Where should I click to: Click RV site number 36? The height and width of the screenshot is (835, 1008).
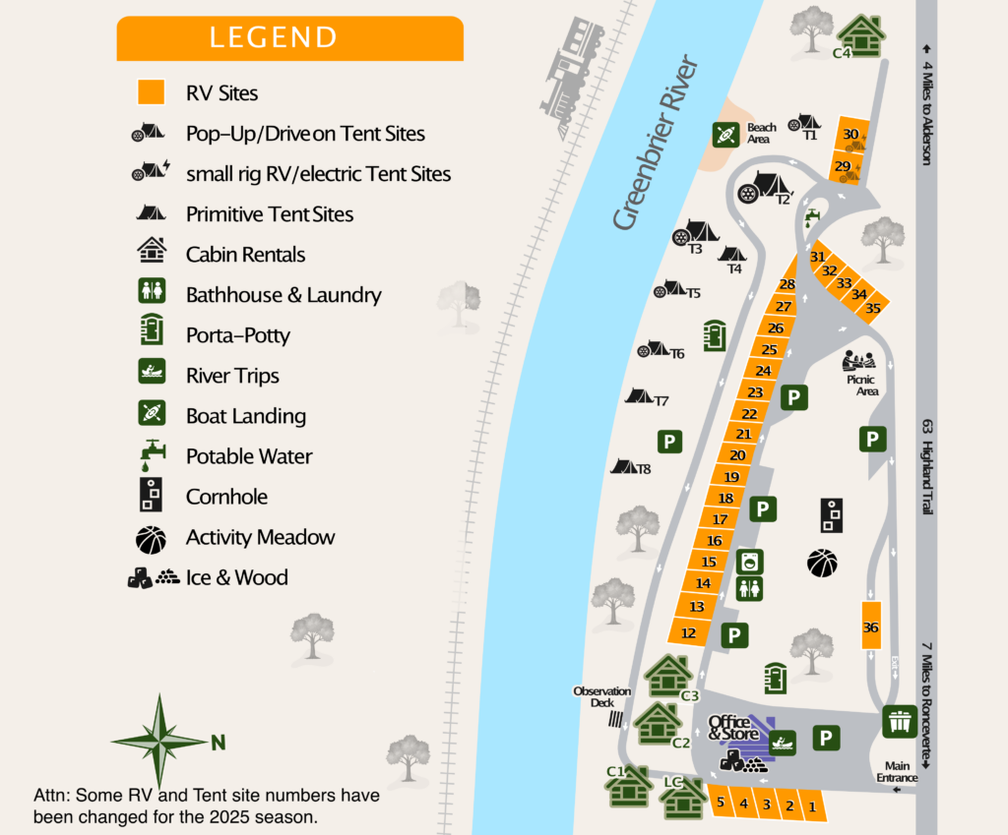pyautogui.click(x=870, y=626)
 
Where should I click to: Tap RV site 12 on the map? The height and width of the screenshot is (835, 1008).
pyautogui.click(x=689, y=632)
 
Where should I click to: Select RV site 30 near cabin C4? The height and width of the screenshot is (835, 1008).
pyautogui.click(x=850, y=135)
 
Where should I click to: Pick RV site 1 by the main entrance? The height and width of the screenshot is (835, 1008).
pyautogui.click(x=812, y=806)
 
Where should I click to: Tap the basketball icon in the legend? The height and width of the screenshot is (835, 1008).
pyautogui.click(x=151, y=538)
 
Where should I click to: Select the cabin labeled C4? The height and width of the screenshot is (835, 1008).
pyautogui.click(x=862, y=35)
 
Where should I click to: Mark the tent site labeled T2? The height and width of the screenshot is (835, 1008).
pyautogui.click(x=767, y=186)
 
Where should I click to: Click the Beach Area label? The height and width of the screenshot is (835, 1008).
pyautogui.click(x=761, y=133)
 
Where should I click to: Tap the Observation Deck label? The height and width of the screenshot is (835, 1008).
pyautogui.click(x=601, y=696)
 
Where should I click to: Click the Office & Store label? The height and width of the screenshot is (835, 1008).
pyautogui.click(x=734, y=729)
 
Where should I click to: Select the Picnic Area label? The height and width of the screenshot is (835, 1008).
pyautogui.click(x=861, y=385)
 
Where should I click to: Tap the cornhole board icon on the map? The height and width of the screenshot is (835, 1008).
pyautogui.click(x=832, y=514)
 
